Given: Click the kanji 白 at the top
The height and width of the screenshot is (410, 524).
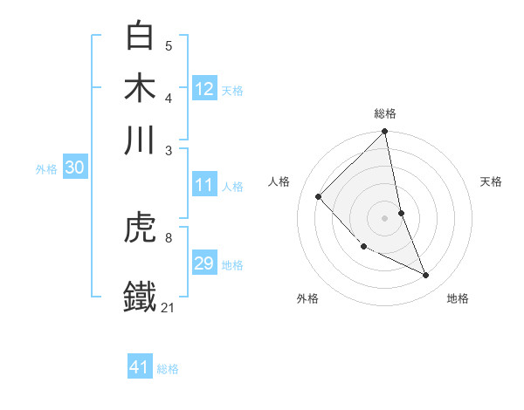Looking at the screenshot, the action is point(141,37).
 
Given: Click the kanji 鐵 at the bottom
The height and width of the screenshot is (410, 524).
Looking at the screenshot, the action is point(141,295).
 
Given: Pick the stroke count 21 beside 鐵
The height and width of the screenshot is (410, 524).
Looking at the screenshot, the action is point(169,306).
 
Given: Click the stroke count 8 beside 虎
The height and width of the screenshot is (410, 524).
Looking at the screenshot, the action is point(169,237).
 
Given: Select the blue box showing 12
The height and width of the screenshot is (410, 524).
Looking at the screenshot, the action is point(204,89).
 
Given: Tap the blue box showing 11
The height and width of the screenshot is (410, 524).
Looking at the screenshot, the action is point(204,185).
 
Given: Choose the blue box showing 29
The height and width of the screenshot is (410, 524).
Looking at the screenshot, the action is point(204,263).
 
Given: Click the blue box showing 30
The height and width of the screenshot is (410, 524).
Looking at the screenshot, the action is point(74,168).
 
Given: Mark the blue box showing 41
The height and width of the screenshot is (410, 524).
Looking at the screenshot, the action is point(140,367).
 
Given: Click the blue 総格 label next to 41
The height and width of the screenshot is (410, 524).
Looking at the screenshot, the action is point(168,369).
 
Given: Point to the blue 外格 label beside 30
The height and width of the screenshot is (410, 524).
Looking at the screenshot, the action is point(46,169).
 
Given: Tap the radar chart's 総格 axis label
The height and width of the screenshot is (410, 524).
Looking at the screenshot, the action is point(385,114).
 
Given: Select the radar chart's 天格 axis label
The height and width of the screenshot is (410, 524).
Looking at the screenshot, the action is point(492,181).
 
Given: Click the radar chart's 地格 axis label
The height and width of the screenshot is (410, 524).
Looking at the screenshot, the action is point(458,298).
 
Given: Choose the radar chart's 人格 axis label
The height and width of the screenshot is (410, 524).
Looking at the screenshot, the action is point(279,181).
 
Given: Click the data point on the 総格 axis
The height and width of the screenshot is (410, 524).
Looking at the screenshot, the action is point(385,133).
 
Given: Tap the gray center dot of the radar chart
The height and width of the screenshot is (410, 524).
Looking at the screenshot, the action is point(385,217).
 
